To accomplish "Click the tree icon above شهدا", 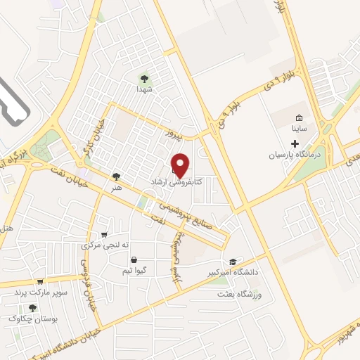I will [x=146, y=79].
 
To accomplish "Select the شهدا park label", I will [x=146, y=90].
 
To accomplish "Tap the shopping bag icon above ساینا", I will [x=298, y=117].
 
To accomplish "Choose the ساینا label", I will [x=298, y=129].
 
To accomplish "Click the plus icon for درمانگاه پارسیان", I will [x=295, y=143].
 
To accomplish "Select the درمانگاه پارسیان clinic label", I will [x=295, y=155].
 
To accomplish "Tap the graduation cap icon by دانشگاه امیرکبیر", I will [x=233, y=262].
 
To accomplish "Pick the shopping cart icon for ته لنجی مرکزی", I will [x=105, y=234].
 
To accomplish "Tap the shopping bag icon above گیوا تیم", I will [x=134, y=259].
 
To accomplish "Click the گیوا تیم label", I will [x=134, y=271].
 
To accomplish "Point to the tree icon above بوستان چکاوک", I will [x=31, y=307].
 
